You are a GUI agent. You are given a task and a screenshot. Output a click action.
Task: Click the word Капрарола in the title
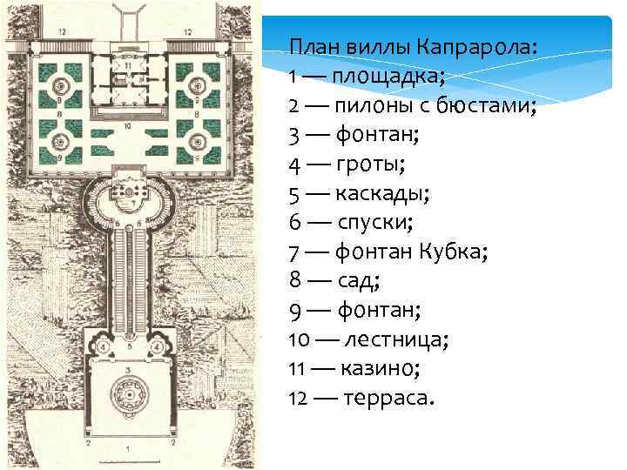[x=475, y=44]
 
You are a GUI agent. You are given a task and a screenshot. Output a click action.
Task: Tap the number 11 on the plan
[x=128, y=66]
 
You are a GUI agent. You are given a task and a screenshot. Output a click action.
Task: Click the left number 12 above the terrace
[x=62, y=31]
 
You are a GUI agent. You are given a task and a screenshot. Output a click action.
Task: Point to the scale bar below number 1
[x=128, y=460]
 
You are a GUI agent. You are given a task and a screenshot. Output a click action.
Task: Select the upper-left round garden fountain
[x=62, y=84]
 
